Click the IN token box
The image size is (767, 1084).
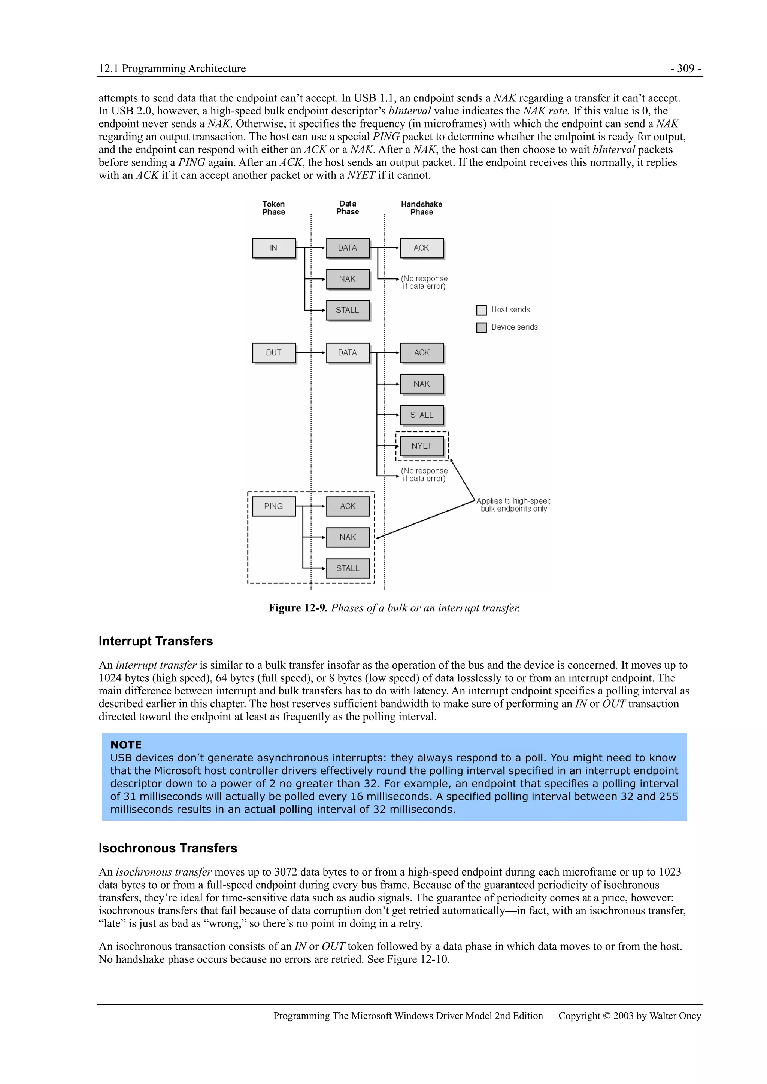click(274, 248)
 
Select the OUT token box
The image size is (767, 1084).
click(274, 353)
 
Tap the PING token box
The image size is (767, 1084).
click(274, 506)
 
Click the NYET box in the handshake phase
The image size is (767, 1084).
click(422, 446)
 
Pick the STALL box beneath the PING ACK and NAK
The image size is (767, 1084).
click(348, 568)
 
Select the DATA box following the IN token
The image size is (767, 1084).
click(348, 248)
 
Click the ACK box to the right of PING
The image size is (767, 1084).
click(348, 506)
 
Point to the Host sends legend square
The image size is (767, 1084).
click(481, 310)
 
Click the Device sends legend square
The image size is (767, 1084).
click(481, 328)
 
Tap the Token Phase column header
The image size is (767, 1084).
click(274, 208)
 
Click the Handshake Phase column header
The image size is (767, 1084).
click(422, 208)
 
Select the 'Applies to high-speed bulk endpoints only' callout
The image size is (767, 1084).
click(514, 505)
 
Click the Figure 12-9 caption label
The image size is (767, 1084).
click(298, 608)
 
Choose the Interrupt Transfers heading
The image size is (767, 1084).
click(155, 641)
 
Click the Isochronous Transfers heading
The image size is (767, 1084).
click(168, 848)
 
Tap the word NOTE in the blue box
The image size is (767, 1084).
click(126, 745)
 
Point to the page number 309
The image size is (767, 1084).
click(686, 68)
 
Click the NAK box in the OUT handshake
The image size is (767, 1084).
click(422, 384)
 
